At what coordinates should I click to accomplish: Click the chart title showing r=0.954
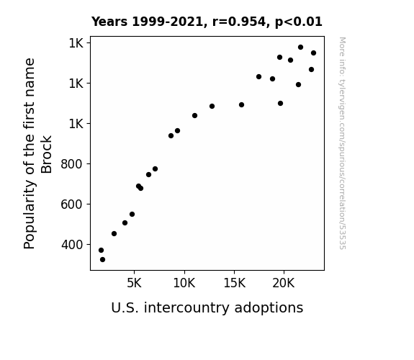(207, 22)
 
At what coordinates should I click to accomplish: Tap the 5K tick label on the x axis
(134, 283)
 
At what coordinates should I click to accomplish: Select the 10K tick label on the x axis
(184, 283)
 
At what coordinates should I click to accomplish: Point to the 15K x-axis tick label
(234, 283)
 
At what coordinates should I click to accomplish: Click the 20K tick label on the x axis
(284, 283)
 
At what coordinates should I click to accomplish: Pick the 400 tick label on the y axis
(72, 245)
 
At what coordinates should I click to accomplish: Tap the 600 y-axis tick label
(72, 204)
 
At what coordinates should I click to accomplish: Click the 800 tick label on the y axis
(72, 164)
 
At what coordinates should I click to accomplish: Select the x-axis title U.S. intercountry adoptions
(207, 308)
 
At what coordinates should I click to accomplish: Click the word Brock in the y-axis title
(47, 154)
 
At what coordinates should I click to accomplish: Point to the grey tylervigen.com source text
(342, 143)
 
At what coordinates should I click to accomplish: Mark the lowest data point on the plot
(102, 260)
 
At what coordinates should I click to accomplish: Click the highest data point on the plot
(300, 48)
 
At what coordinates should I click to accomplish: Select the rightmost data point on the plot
(313, 53)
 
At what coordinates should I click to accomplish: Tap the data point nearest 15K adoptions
(241, 105)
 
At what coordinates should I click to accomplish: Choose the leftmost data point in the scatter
(101, 250)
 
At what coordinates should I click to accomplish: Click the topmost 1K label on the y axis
(76, 43)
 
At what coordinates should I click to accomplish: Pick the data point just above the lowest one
(101, 250)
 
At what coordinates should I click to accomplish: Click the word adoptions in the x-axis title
(269, 308)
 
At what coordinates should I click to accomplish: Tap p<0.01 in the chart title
(299, 22)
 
